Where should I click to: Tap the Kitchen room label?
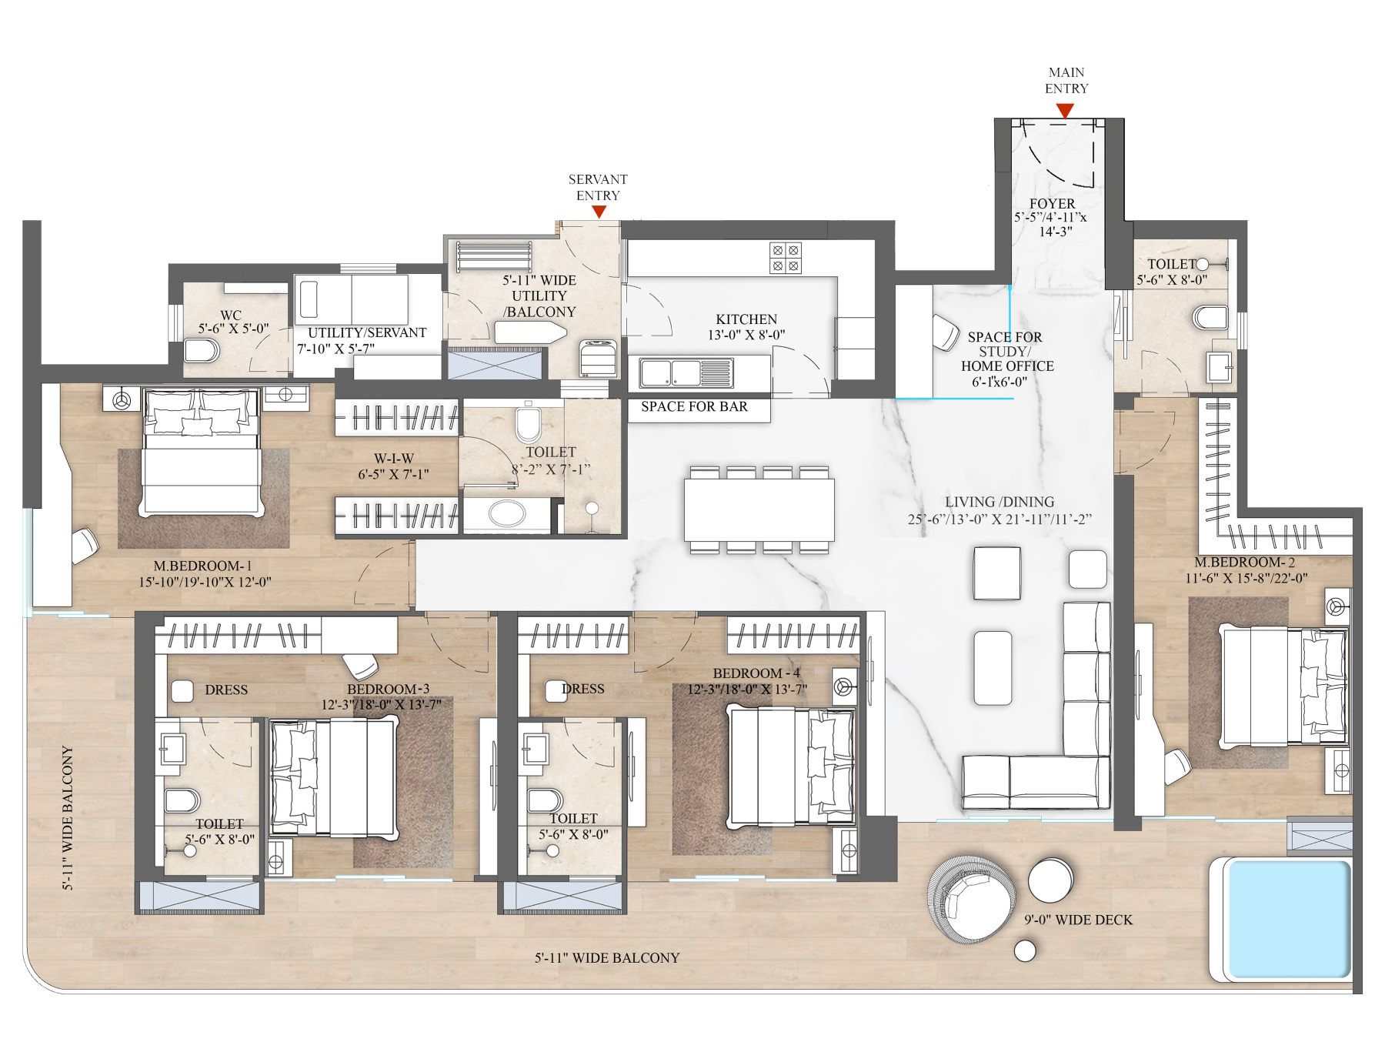[746, 319]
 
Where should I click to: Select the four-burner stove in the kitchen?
[786, 258]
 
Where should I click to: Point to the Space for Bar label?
[694, 407]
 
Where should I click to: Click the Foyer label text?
[1052, 204]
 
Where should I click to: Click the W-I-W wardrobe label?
[397, 459]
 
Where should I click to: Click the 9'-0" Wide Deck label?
[1078, 920]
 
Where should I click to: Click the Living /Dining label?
[1000, 502]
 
